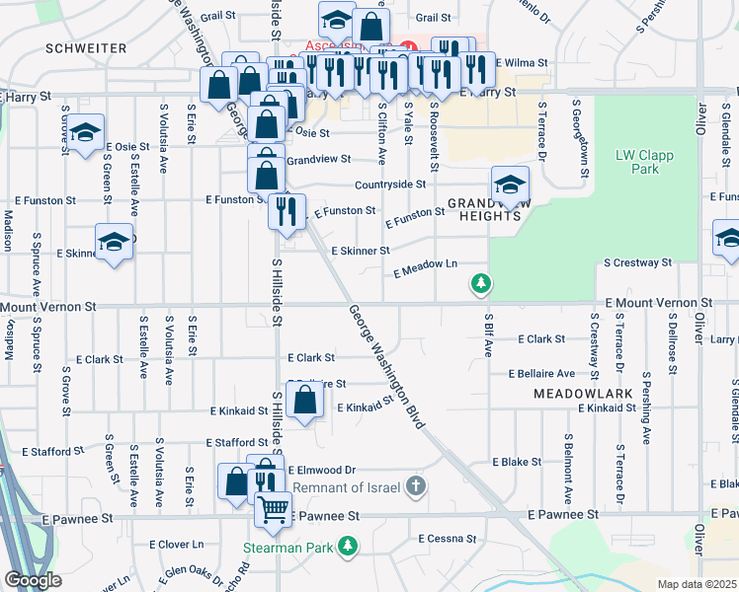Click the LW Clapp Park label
tap(637, 162)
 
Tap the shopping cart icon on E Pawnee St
tap(273, 509)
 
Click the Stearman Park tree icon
tap(347, 545)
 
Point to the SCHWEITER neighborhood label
tap(85, 47)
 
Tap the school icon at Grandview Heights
tap(510, 185)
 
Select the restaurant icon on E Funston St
tap(287, 212)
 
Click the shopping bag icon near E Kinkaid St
tap(306, 401)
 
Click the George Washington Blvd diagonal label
tap(386, 366)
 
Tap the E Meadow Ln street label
tap(426, 268)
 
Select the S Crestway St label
tap(637, 263)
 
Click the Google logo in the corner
tap(33, 580)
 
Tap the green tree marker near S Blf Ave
tap(481, 284)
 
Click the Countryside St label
tap(390, 184)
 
